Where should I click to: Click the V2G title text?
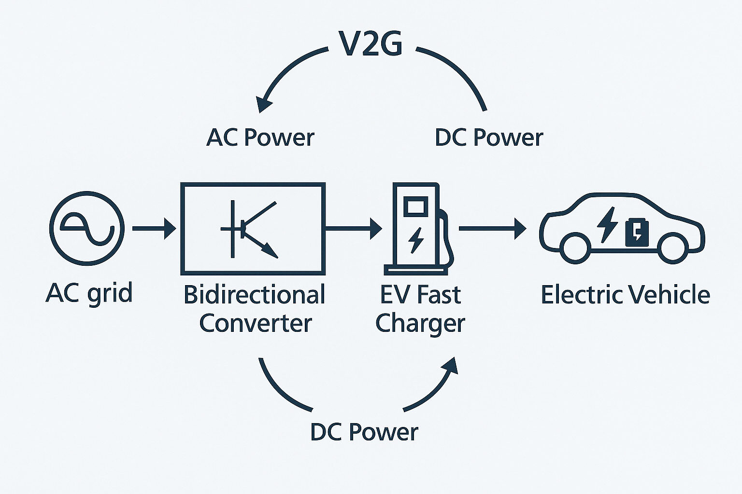point(371,44)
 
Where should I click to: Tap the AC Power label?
point(260,137)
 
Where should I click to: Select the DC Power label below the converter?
point(364,432)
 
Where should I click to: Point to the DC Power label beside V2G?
point(488,137)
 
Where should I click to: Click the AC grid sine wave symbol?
point(87,228)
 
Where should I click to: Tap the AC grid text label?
point(89,293)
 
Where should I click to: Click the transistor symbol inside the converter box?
point(249,229)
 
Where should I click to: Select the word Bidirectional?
point(254,295)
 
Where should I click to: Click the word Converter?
point(255,323)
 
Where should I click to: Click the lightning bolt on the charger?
point(415,240)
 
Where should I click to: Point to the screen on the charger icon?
point(415,207)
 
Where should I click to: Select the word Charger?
point(420,323)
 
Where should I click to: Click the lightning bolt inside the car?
point(607,224)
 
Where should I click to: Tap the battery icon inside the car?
point(637,232)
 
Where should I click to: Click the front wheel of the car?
point(673,247)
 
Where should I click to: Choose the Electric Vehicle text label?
point(625,295)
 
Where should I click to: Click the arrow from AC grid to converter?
point(154,228)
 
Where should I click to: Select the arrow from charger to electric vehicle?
point(492,228)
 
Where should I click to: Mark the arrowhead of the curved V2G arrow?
point(264,103)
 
